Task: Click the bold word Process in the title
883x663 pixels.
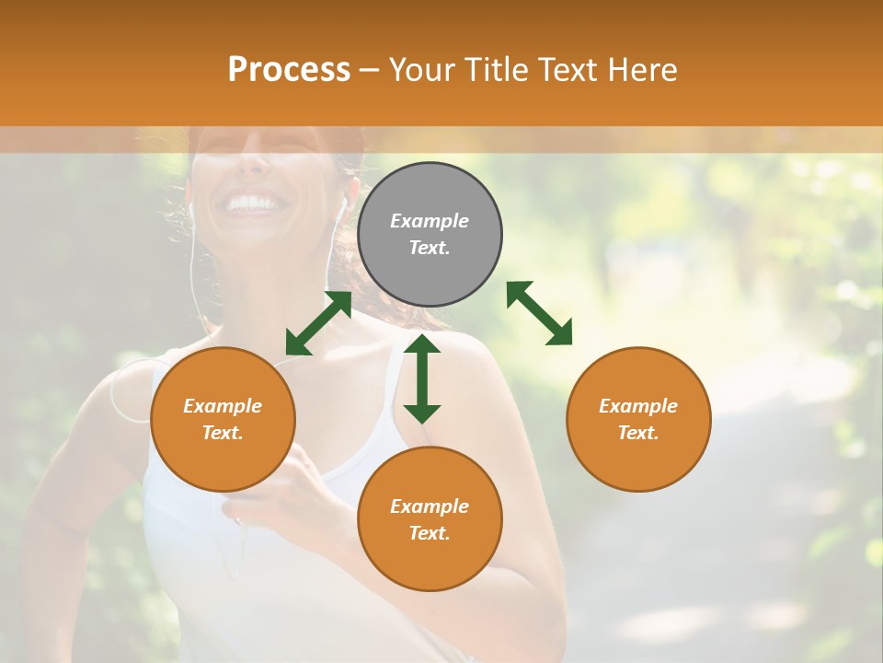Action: point(289,70)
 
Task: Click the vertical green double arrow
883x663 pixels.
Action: point(422,378)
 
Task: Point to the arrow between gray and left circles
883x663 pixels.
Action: point(318,323)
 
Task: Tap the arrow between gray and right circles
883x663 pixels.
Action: point(540,313)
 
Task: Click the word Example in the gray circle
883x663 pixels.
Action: point(430,221)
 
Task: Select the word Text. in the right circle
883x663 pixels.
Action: point(638,433)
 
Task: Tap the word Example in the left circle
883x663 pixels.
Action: point(223,406)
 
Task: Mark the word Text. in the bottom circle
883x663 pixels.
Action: point(430,533)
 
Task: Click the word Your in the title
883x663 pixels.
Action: point(419,70)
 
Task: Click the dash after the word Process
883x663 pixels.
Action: point(370,71)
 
